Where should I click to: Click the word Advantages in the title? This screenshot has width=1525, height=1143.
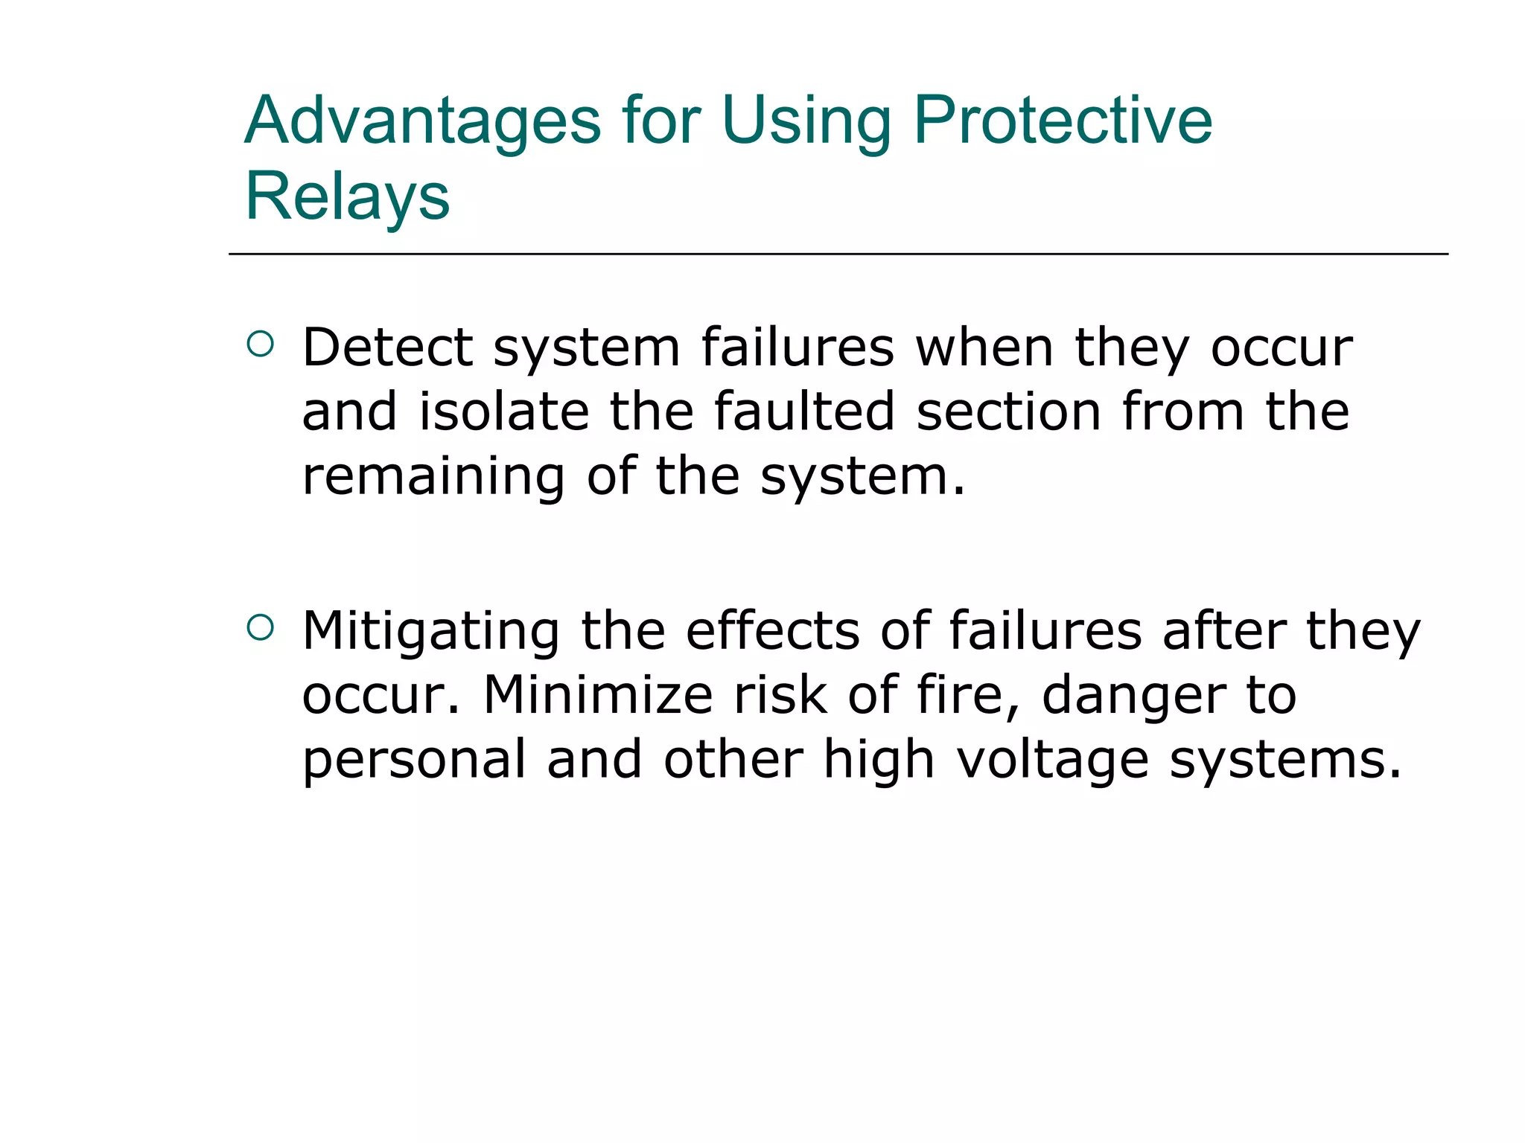coord(422,121)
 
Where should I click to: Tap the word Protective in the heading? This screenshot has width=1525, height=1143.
coord(1063,121)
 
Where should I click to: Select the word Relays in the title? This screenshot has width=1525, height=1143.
coord(347,196)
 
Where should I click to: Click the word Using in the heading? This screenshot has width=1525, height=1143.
coord(806,121)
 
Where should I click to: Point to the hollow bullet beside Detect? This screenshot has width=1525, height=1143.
coord(260,344)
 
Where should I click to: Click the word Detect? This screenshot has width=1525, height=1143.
coord(387,348)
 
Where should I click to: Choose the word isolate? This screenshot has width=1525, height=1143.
coord(504,412)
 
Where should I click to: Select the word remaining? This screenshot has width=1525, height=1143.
coord(433,476)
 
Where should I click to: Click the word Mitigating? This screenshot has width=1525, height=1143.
coord(430,632)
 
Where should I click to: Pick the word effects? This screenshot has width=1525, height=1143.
coord(772,632)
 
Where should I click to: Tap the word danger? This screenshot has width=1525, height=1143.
coord(1132,696)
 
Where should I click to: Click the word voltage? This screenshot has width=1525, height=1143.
coord(1052,761)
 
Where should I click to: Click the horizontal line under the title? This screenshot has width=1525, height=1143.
coord(838,254)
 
